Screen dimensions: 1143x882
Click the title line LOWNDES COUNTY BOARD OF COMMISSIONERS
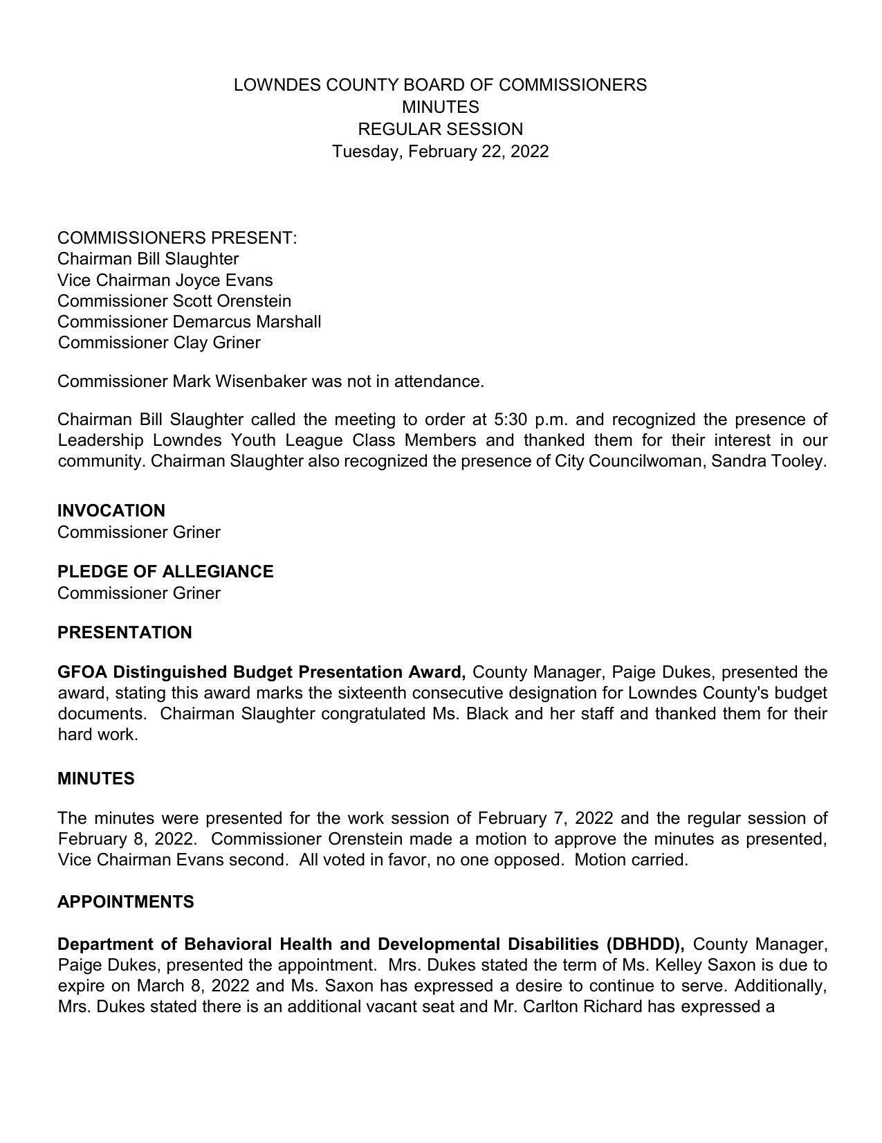pos(440,85)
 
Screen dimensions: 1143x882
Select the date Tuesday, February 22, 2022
pos(440,152)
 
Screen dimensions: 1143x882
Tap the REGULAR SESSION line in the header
pos(440,129)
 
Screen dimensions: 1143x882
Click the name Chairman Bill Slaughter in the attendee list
pos(148,259)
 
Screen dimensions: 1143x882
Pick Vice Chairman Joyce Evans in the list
pos(165,280)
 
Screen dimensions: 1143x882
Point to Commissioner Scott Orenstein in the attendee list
pos(174,301)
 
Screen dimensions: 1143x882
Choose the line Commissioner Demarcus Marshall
pos(189,322)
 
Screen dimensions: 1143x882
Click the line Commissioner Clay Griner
pos(159,343)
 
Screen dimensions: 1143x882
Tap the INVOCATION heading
pos(111,511)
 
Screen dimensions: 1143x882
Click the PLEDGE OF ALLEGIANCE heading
pos(165,572)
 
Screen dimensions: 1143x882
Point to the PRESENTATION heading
pos(125,633)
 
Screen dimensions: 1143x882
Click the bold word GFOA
pos(82,672)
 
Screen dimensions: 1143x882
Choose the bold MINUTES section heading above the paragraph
pos(96,779)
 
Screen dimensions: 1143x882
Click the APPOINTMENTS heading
pos(126,902)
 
